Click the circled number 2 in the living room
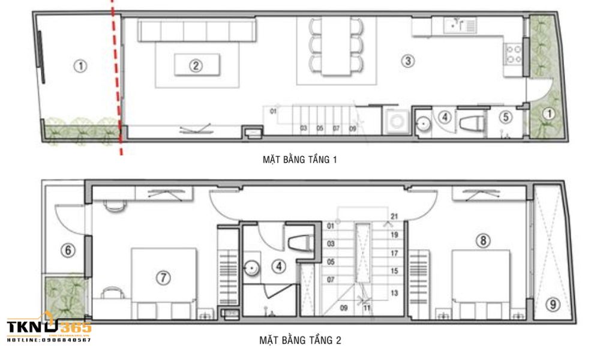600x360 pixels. (195, 65)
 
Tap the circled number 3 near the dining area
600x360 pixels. (407, 61)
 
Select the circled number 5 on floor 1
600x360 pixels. (505, 117)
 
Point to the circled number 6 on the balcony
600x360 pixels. (68, 250)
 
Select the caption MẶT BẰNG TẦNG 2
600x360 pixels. (300, 340)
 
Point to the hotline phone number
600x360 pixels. (49, 340)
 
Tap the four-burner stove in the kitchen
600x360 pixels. (514, 55)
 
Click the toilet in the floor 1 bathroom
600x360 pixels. (472, 123)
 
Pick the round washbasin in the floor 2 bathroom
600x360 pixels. (253, 267)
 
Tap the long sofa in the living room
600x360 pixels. (197, 31)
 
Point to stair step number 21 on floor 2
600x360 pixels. (394, 217)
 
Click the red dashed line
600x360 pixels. (116, 78)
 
